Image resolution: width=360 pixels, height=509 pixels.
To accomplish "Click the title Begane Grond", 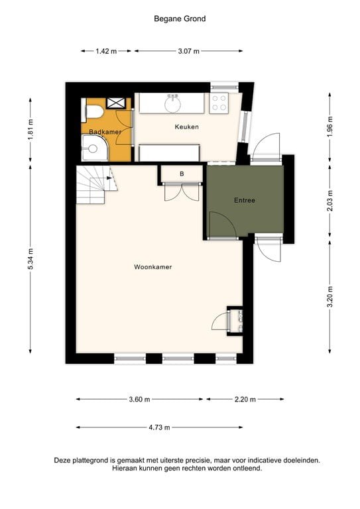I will point(180,19).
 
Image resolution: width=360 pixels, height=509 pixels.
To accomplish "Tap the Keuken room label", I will point(186,127).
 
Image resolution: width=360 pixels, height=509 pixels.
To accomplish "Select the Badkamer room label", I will point(105,132).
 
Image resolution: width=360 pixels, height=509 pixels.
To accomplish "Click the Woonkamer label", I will point(153,267).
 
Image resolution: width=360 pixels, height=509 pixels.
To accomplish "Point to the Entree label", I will point(244,200).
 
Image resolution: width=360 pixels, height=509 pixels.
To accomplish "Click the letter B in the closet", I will point(182,174).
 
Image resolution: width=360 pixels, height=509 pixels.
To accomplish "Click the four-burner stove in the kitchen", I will point(219,103).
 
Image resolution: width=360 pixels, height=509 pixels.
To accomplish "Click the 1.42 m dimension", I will point(105,51).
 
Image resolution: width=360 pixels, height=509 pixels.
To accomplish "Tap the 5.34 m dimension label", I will point(30,258).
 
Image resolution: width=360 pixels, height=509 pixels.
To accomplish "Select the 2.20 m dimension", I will point(245,400).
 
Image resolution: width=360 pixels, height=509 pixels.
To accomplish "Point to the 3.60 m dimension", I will point(140,400).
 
